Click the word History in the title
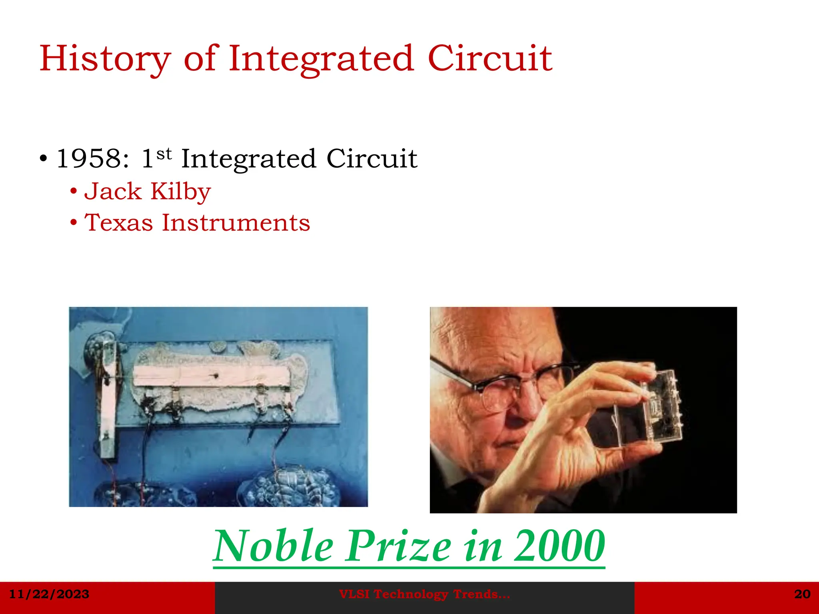coord(105,59)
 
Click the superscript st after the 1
coord(164,153)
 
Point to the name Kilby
coord(180,191)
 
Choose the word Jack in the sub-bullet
coord(113,191)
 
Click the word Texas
coord(119,223)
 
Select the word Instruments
coord(236,223)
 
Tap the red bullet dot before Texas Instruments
coord(73,222)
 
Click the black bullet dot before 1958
coord(44,159)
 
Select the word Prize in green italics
coord(398,546)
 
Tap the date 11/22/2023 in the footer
coord(49,594)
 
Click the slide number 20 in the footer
coord(802,594)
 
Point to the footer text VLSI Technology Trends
coord(424,594)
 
